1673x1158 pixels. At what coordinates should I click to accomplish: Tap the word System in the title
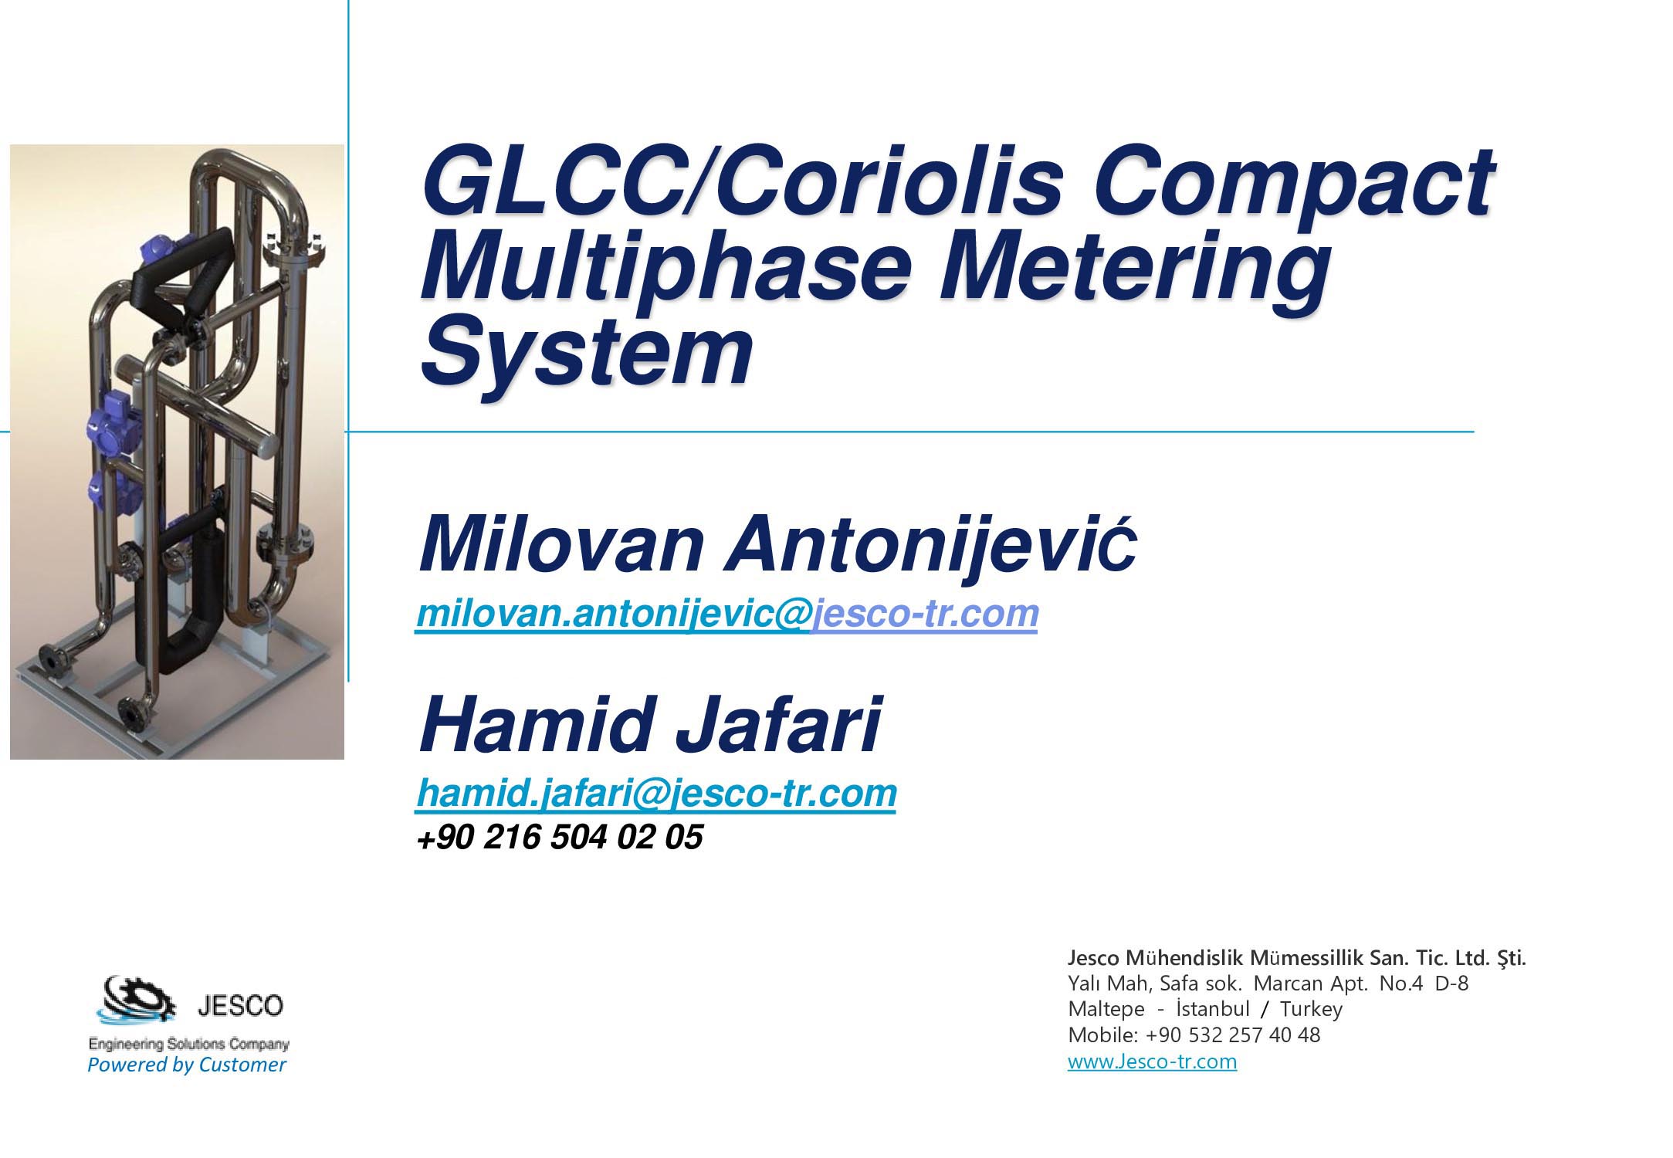point(587,354)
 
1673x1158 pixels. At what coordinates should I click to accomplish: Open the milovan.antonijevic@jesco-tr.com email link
point(726,614)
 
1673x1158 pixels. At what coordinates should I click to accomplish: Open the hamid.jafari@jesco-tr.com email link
point(656,794)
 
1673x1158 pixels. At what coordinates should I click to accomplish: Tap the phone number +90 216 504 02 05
point(560,838)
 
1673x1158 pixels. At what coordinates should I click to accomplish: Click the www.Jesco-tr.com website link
point(1152,1061)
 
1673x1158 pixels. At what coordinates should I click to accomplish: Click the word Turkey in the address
point(1311,1009)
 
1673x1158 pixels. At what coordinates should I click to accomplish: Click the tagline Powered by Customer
point(187,1065)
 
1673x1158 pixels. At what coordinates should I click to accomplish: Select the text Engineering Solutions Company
point(189,1045)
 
